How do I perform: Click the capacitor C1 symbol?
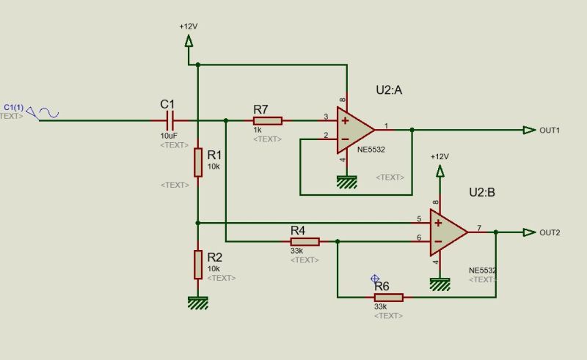tap(170, 120)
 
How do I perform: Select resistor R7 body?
tap(267, 120)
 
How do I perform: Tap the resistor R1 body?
tap(197, 162)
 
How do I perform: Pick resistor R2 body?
tap(197, 264)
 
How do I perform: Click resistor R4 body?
tap(305, 241)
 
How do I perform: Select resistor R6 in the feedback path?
tap(388, 297)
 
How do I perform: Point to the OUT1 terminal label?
tap(550, 131)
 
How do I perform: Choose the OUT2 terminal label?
tap(550, 232)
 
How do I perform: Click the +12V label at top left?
tap(188, 26)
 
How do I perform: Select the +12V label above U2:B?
tap(439, 157)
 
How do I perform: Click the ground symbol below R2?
tap(197, 301)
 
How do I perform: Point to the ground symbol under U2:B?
tap(440, 284)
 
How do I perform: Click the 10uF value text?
tap(169, 136)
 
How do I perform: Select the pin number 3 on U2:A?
tap(325, 116)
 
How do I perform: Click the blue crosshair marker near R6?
tap(375, 279)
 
